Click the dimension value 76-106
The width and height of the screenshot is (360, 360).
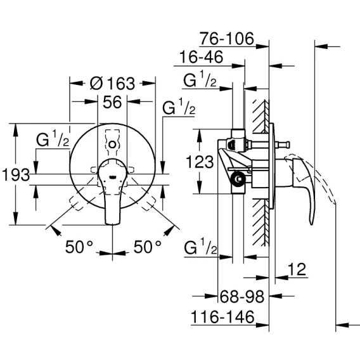pos(227,39)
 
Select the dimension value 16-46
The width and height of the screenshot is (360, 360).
pos(201,57)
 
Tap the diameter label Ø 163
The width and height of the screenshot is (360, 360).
pos(112,83)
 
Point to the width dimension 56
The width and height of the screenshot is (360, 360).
pos(112,102)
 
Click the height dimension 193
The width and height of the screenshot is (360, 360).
pos(16,175)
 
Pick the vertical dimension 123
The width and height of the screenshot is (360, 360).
pos(200,162)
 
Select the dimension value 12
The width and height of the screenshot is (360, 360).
pos(297,269)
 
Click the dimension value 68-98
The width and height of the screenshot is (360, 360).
pos(242,297)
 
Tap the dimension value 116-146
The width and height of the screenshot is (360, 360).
pos(222,317)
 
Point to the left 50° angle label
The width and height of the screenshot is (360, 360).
pos(79,247)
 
